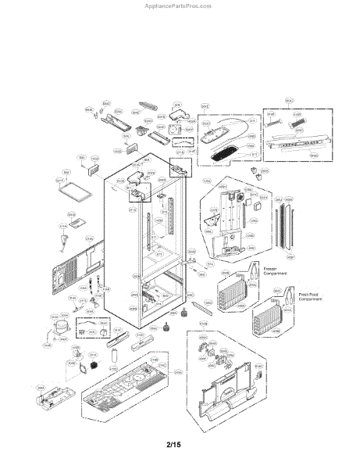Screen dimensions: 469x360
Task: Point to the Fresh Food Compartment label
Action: (x=309, y=299)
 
